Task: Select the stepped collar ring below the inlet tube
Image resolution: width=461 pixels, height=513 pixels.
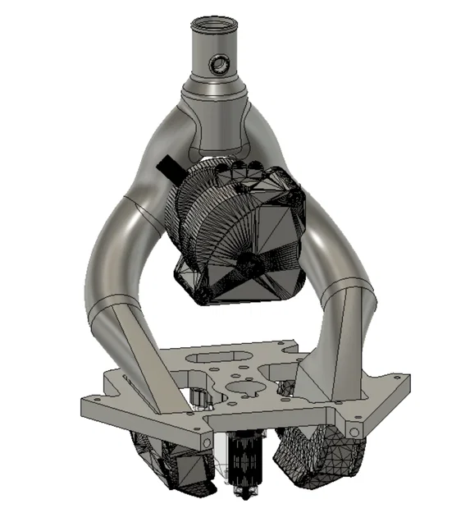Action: click(219, 87)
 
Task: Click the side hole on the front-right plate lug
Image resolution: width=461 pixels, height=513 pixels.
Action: click(354, 430)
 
